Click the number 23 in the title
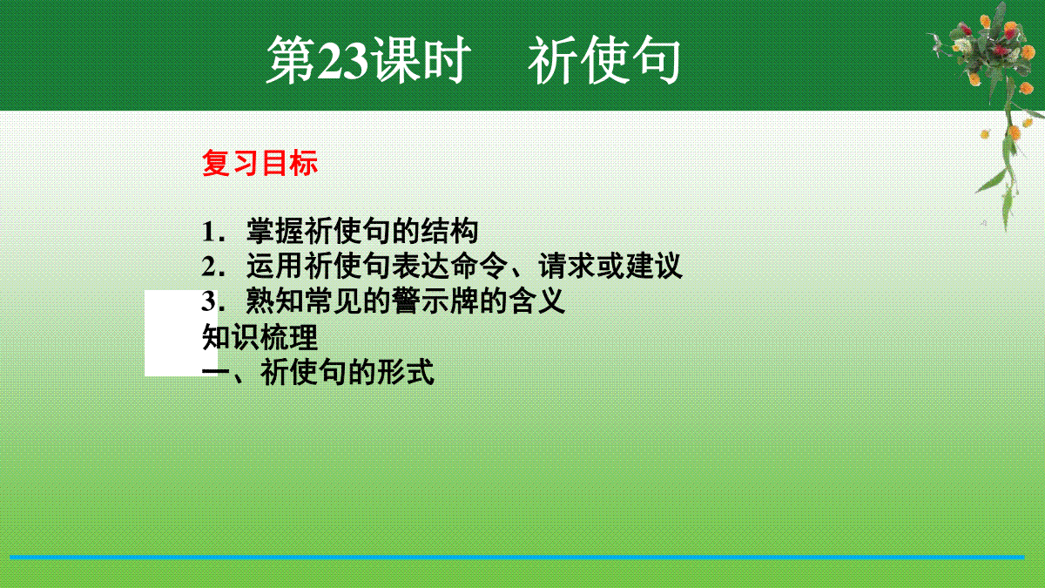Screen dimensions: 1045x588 [x=343, y=60]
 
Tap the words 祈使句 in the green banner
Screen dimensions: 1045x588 [x=604, y=61]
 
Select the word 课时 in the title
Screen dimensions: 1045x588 [x=420, y=60]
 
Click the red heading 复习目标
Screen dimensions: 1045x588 [x=260, y=164]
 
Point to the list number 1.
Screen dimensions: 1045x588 [x=208, y=231]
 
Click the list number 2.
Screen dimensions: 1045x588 [x=208, y=267]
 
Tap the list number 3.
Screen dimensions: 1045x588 [x=208, y=301]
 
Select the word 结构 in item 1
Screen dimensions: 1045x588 [x=449, y=231]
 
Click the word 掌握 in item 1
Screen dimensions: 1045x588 [x=275, y=231]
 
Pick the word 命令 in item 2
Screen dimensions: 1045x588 [x=479, y=266]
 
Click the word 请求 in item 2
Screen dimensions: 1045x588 [x=566, y=266]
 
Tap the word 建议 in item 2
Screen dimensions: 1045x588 [x=654, y=266]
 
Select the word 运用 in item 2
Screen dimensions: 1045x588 [x=275, y=266]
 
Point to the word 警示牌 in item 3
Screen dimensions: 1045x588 [x=435, y=301]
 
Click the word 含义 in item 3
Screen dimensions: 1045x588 [x=537, y=301]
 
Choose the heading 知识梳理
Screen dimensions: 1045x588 [x=260, y=337]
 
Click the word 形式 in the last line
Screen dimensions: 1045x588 [x=406, y=372]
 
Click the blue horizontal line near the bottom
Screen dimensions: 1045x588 [x=517, y=558]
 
